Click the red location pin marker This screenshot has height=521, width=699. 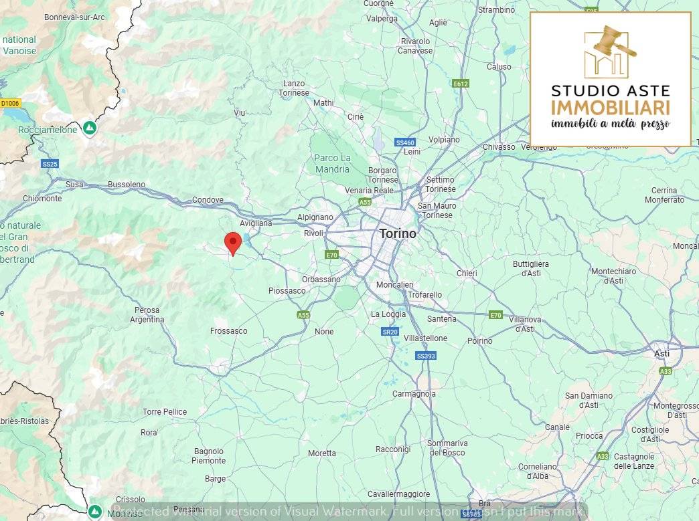[x=232, y=242]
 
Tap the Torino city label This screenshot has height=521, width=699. [x=398, y=234]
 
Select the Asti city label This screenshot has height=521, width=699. [x=662, y=353]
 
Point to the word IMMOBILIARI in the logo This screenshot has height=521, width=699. [x=610, y=107]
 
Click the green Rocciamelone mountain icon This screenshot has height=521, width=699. [x=89, y=128]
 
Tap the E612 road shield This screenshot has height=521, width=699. [x=461, y=84]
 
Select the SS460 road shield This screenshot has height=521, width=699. [x=405, y=142]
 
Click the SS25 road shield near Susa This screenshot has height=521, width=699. [x=50, y=164]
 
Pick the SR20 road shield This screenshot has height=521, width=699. [x=390, y=332]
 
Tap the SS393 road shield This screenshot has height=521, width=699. [x=426, y=356]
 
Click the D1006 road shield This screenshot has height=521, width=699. [x=10, y=103]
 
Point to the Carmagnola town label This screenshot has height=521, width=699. [x=414, y=394]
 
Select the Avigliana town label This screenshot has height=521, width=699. [x=256, y=223]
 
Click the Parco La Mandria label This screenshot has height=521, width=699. [x=332, y=163]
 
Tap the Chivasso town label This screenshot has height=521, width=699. [x=499, y=147]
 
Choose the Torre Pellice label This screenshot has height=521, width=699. [x=165, y=412]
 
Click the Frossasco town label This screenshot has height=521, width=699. [x=228, y=331]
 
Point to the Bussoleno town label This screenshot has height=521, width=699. [x=127, y=184]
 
